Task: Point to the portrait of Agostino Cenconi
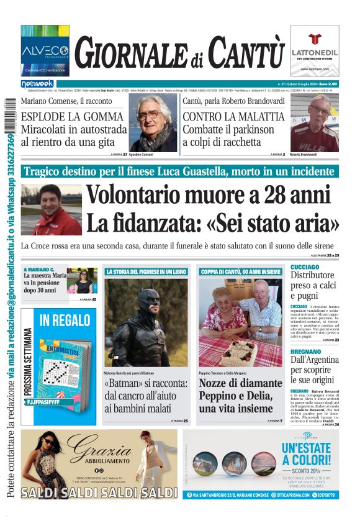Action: (x=153, y=123)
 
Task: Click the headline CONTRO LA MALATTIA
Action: (x=233, y=116)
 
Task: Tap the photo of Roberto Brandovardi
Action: (x=314, y=123)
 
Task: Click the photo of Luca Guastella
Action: (x=51, y=209)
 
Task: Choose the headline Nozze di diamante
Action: (x=235, y=383)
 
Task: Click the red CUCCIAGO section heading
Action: (x=305, y=266)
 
